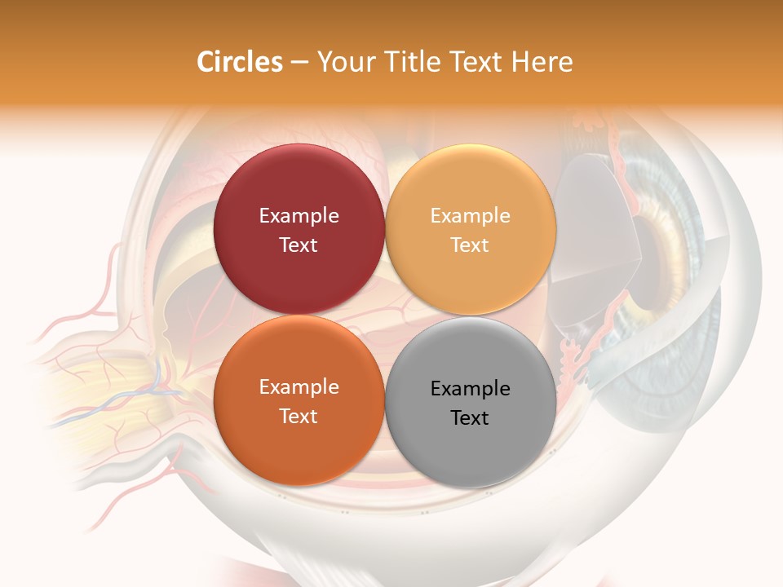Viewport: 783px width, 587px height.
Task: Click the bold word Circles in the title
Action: coord(240,62)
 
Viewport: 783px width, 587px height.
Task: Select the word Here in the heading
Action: coord(542,62)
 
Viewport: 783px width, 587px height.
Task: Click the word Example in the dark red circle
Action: coord(299,216)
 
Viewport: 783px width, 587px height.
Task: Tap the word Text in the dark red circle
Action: coord(299,245)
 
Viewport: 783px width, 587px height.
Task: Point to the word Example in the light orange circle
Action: coord(471,216)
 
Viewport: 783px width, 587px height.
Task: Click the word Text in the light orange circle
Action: coord(471,245)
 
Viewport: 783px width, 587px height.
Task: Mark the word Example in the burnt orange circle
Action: coord(299,387)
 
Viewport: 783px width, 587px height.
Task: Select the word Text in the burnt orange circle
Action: coord(299,417)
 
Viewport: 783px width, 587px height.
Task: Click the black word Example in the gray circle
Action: coord(471,389)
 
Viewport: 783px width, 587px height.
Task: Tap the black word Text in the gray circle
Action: coord(471,418)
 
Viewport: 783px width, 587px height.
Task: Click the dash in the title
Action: coord(299,63)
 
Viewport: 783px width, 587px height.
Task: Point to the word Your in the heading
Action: coord(342,62)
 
